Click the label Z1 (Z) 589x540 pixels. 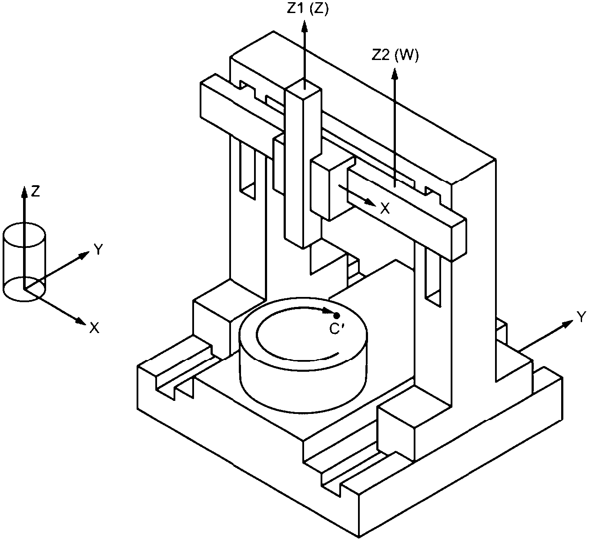tap(308, 9)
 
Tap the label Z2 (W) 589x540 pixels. tap(395, 56)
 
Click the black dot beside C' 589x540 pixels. tap(337, 316)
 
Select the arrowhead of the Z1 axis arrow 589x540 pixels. tap(305, 27)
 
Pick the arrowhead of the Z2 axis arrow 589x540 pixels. tap(395, 73)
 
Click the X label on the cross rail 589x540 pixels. tap(385, 208)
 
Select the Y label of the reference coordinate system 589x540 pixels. tap(98, 249)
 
